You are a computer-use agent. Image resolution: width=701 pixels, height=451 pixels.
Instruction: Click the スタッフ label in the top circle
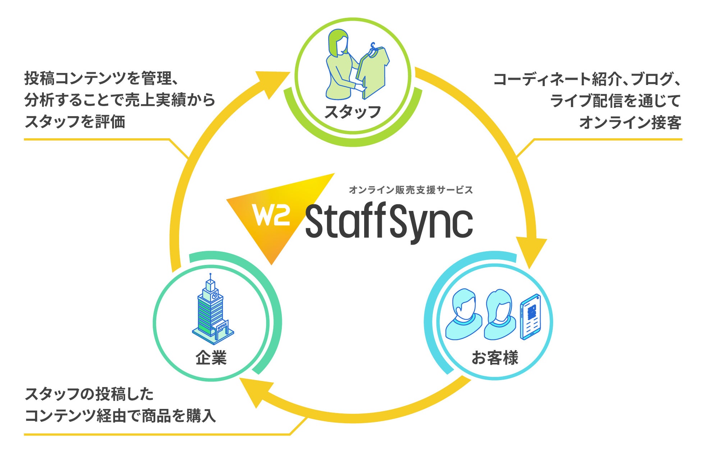click(353, 112)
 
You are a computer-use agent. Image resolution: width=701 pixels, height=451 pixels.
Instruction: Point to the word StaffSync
click(389, 223)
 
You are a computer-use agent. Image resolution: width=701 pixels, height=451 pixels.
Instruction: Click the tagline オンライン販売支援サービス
click(411, 190)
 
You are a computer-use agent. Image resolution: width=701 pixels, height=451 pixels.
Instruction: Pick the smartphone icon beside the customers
click(531, 317)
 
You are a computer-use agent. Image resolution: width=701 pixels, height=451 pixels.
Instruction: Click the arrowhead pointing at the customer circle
click(531, 252)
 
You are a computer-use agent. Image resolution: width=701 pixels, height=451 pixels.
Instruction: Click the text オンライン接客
click(630, 122)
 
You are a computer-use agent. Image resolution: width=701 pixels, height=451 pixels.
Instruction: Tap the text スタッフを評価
click(75, 122)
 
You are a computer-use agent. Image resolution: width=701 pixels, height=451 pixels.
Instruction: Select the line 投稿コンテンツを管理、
click(102, 78)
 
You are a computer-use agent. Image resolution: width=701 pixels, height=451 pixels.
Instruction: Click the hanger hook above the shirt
click(373, 46)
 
